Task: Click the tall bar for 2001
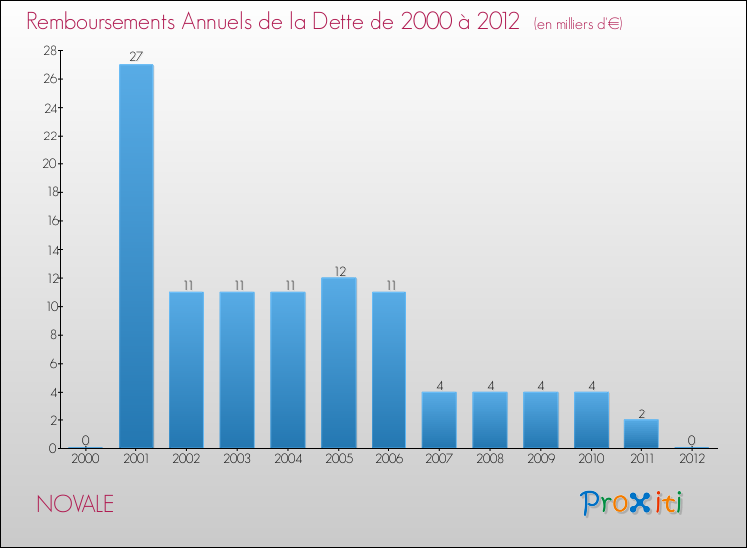click(x=135, y=256)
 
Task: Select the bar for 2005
click(x=339, y=363)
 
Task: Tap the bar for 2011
click(x=641, y=433)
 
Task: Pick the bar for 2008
click(x=490, y=419)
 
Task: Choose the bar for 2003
click(x=237, y=370)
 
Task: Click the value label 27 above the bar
click(x=135, y=56)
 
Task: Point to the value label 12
click(x=339, y=270)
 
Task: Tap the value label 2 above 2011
click(x=641, y=412)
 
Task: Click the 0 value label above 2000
click(x=85, y=440)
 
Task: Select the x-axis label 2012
click(x=691, y=460)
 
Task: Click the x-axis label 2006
click(x=388, y=460)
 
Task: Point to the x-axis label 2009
click(x=540, y=460)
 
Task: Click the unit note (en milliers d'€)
click(x=578, y=24)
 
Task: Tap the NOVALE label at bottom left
click(x=75, y=504)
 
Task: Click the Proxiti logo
click(x=632, y=503)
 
